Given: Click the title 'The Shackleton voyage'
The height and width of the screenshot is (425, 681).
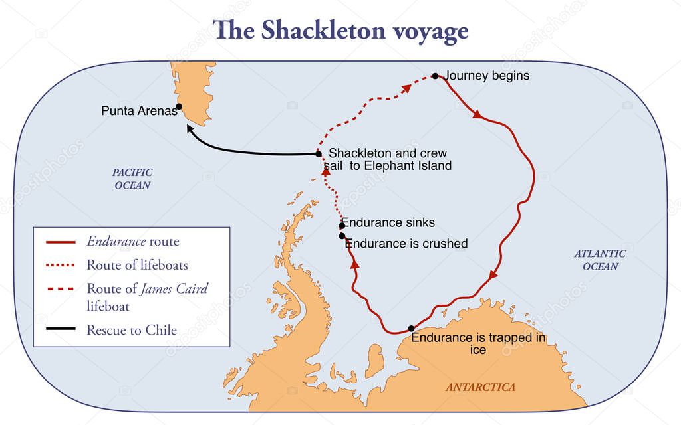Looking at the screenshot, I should [340, 31].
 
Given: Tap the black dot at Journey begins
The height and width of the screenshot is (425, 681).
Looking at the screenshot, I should [435, 76].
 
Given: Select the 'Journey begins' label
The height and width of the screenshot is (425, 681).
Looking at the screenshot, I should [487, 76].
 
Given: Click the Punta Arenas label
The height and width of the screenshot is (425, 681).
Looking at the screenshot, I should [139, 111].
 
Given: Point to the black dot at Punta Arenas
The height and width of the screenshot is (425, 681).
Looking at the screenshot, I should [179, 106].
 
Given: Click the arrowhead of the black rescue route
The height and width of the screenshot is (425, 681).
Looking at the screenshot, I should [190, 129].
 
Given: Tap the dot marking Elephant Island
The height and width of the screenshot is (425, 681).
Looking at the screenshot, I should [319, 154].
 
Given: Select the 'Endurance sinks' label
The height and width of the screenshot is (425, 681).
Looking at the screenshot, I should [388, 223].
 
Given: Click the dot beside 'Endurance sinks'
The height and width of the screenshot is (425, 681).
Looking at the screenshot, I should [342, 226].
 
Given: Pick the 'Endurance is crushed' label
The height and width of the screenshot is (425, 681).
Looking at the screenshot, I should [406, 244].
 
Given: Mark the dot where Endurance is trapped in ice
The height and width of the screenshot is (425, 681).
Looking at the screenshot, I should [411, 328].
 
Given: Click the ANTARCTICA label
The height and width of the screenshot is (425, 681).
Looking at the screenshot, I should [480, 387].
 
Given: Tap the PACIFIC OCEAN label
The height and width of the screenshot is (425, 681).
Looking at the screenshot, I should [132, 179].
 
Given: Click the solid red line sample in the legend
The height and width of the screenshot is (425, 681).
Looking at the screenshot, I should [61, 242].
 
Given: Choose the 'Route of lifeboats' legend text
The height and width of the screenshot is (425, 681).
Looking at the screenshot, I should [137, 265].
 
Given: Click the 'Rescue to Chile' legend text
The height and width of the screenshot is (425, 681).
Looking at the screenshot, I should [132, 329].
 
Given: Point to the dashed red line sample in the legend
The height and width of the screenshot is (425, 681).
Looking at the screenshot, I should [61, 289].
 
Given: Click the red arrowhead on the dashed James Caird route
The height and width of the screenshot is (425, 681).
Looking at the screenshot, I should [405, 88].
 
